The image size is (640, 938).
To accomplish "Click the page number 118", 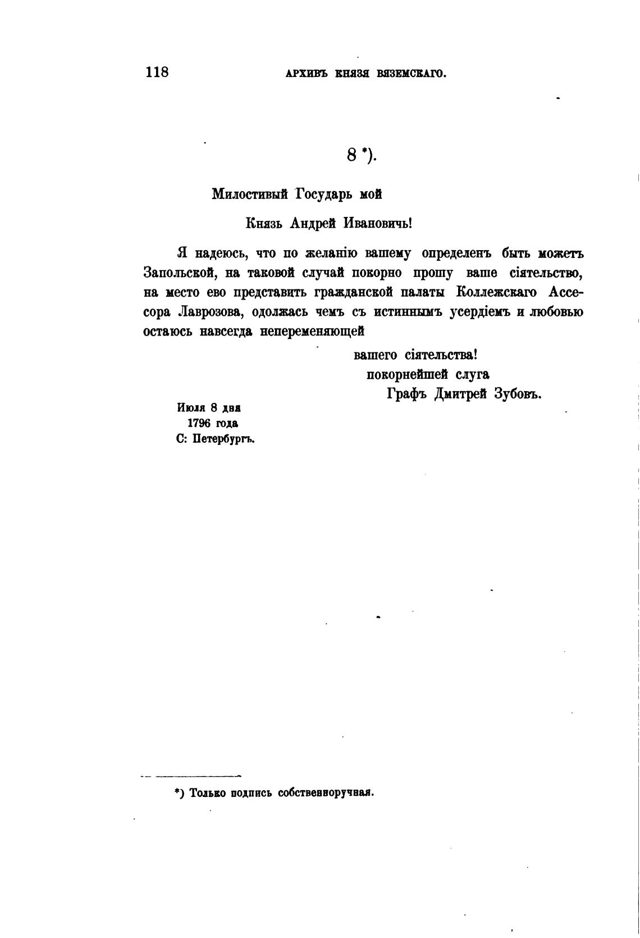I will pyautogui.click(x=157, y=72).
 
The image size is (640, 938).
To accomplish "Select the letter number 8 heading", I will pyautogui.click(x=352, y=155).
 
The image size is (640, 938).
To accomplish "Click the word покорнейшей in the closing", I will pyautogui.click(x=407, y=374).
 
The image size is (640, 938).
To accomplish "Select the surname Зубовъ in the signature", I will pyautogui.click(x=517, y=394).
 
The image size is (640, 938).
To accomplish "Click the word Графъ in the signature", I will pyautogui.click(x=408, y=394).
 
